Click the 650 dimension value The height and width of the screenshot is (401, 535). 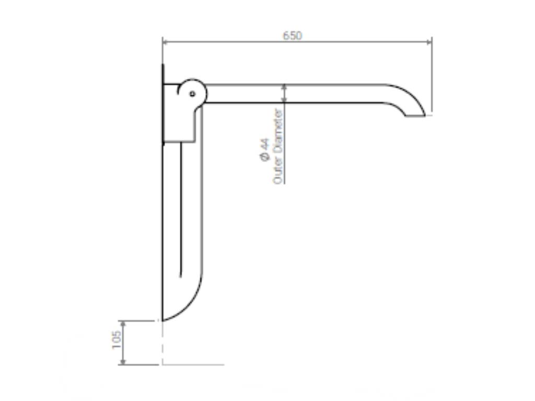point(293,36)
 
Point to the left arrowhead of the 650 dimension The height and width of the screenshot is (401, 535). point(165,42)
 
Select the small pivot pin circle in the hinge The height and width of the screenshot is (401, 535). point(192,94)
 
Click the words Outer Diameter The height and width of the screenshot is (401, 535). point(278,146)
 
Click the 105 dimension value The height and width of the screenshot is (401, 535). point(117,339)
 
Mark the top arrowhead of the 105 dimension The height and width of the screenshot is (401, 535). point(123,323)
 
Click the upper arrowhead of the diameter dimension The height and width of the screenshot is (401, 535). point(284,87)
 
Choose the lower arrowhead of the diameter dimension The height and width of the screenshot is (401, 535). point(284,100)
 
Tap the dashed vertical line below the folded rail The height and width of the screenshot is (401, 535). point(162,342)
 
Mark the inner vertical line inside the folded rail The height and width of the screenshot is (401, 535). point(181,209)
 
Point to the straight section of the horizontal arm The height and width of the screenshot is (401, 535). point(293,93)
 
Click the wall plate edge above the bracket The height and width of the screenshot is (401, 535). point(163,73)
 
